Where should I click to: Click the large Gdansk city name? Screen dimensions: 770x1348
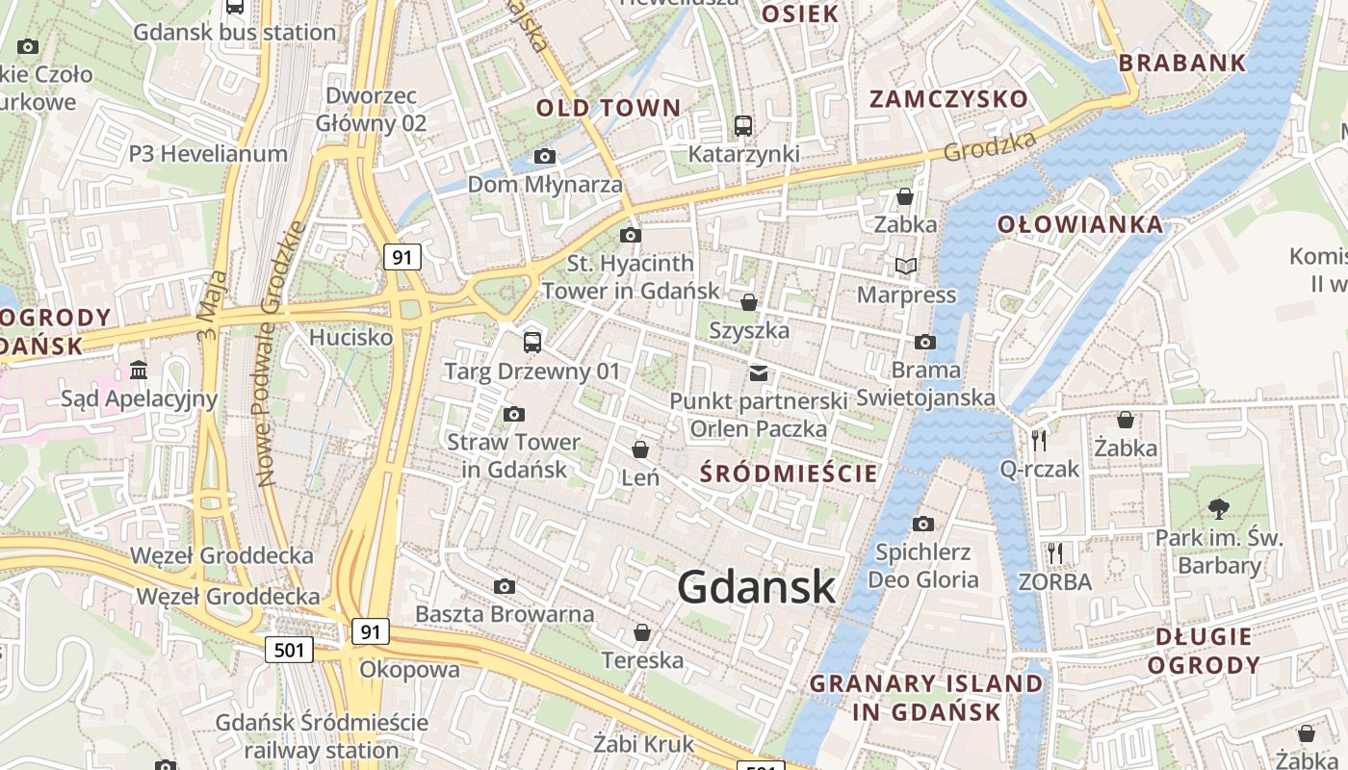pyautogui.click(x=756, y=586)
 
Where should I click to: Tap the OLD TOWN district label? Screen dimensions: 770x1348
pyautogui.click(x=609, y=108)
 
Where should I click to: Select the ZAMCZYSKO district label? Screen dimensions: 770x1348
pyautogui.click(x=948, y=99)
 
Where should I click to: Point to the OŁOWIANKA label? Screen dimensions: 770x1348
pyautogui.click(x=1079, y=225)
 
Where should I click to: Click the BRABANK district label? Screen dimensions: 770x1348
pyautogui.click(x=1182, y=64)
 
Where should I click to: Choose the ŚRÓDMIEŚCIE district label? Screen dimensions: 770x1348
pyautogui.click(x=789, y=473)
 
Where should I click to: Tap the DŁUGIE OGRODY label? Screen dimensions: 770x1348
pyautogui.click(x=1204, y=651)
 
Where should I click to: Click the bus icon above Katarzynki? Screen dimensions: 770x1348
pyautogui.click(x=743, y=125)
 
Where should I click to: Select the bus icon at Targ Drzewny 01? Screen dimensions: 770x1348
pyautogui.click(x=531, y=342)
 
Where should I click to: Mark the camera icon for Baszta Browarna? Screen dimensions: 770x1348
pyautogui.click(x=505, y=586)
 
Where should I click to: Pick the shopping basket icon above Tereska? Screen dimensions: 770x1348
pyautogui.click(x=642, y=632)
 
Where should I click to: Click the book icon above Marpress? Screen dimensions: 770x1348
pyautogui.click(x=906, y=266)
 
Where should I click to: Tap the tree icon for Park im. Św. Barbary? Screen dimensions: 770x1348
pyautogui.click(x=1219, y=509)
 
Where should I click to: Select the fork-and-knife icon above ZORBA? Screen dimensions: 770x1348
pyautogui.click(x=1055, y=553)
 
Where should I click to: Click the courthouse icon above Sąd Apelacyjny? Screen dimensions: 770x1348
pyautogui.click(x=139, y=370)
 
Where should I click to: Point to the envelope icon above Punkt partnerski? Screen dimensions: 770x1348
pyautogui.click(x=759, y=372)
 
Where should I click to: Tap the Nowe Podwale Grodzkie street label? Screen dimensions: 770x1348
pyautogui.click(x=279, y=353)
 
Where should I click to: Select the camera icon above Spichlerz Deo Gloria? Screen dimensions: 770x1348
pyautogui.click(x=923, y=524)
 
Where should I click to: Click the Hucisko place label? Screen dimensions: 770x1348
pyautogui.click(x=350, y=338)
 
